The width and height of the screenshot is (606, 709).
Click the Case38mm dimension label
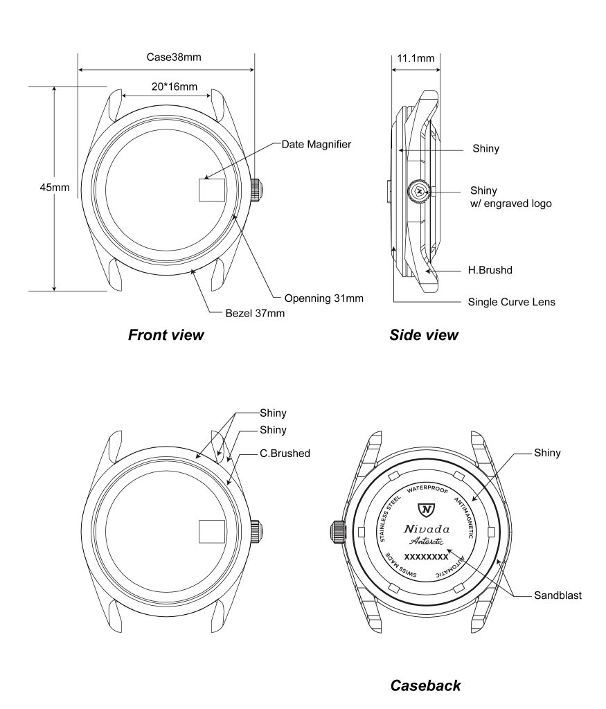[x=174, y=57]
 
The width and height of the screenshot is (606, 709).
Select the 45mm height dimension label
[x=54, y=188]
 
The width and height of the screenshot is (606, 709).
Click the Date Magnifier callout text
[x=316, y=145]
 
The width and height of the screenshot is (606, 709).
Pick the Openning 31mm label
[x=323, y=298]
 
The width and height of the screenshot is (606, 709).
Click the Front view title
[x=166, y=335]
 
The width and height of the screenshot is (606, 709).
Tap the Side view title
[x=423, y=335]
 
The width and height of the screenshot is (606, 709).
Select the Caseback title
[x=425, y=685]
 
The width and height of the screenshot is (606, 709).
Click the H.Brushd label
[x=490, y=270]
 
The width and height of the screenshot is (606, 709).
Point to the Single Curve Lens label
[x=511, y=302]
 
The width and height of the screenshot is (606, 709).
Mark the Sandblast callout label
[x=558, y=595]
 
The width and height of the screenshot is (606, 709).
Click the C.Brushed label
[x=285, y=454]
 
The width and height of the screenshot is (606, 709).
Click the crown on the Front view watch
[x=256, y=189]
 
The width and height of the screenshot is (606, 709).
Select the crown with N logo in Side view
[x=419, y=190]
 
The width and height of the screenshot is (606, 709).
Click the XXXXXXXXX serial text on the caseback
[x=426, y=556]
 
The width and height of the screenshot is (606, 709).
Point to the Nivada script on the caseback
[x=427, y=530]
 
